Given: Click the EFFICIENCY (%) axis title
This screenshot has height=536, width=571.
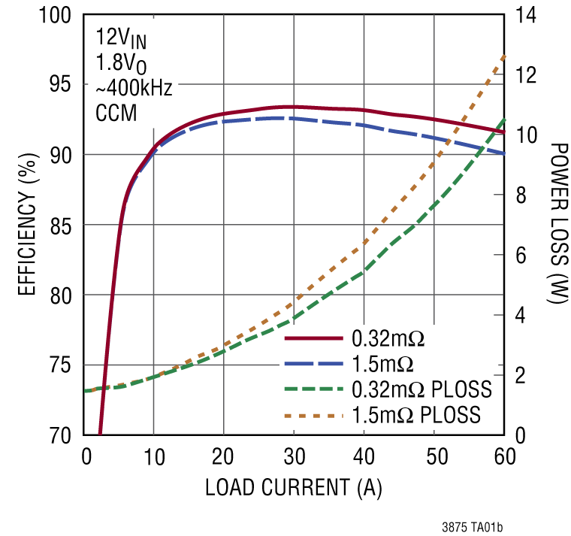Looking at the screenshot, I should pos(26,225).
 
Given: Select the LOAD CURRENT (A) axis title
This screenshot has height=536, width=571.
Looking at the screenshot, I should pos(294,489).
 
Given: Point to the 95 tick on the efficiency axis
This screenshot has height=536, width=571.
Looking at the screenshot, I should pos(62,85).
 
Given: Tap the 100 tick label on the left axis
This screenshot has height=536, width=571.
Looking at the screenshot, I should pos(57,15).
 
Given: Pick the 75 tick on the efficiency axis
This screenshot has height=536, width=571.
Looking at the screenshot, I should pos(62,366).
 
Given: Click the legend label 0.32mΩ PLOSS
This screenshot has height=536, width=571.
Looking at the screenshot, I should pos(421,389).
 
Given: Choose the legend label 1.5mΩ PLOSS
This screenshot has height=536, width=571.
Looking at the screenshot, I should pos(416,414).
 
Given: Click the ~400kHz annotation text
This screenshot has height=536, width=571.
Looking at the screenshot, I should pos(134,88).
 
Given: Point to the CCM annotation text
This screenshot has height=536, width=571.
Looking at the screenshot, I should pos(115,114).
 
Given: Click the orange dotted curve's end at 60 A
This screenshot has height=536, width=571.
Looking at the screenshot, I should pos(503,56).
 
